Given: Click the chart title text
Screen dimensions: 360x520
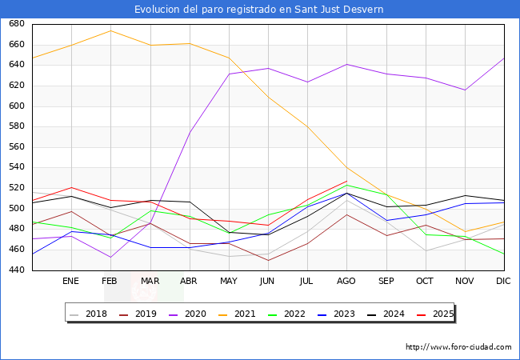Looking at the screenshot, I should (259, 10).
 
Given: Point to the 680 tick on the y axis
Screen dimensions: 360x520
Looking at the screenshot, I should (17, 24).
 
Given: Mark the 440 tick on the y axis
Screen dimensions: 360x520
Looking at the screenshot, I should (17, 270).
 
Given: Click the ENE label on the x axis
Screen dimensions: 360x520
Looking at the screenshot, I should (71, 281).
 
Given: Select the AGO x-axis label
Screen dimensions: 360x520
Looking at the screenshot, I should (346, 281).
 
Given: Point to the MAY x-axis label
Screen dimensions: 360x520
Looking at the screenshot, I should (229, 281).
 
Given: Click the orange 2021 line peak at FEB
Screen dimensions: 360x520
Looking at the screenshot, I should (110, 31).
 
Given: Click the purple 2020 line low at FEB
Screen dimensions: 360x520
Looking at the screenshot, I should (110, 257).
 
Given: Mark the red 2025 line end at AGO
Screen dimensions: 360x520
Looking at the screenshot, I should (346, 181).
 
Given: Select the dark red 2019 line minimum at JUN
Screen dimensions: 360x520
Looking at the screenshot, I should (268, 260).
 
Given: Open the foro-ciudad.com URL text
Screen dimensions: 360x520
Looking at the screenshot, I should (459, 347).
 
